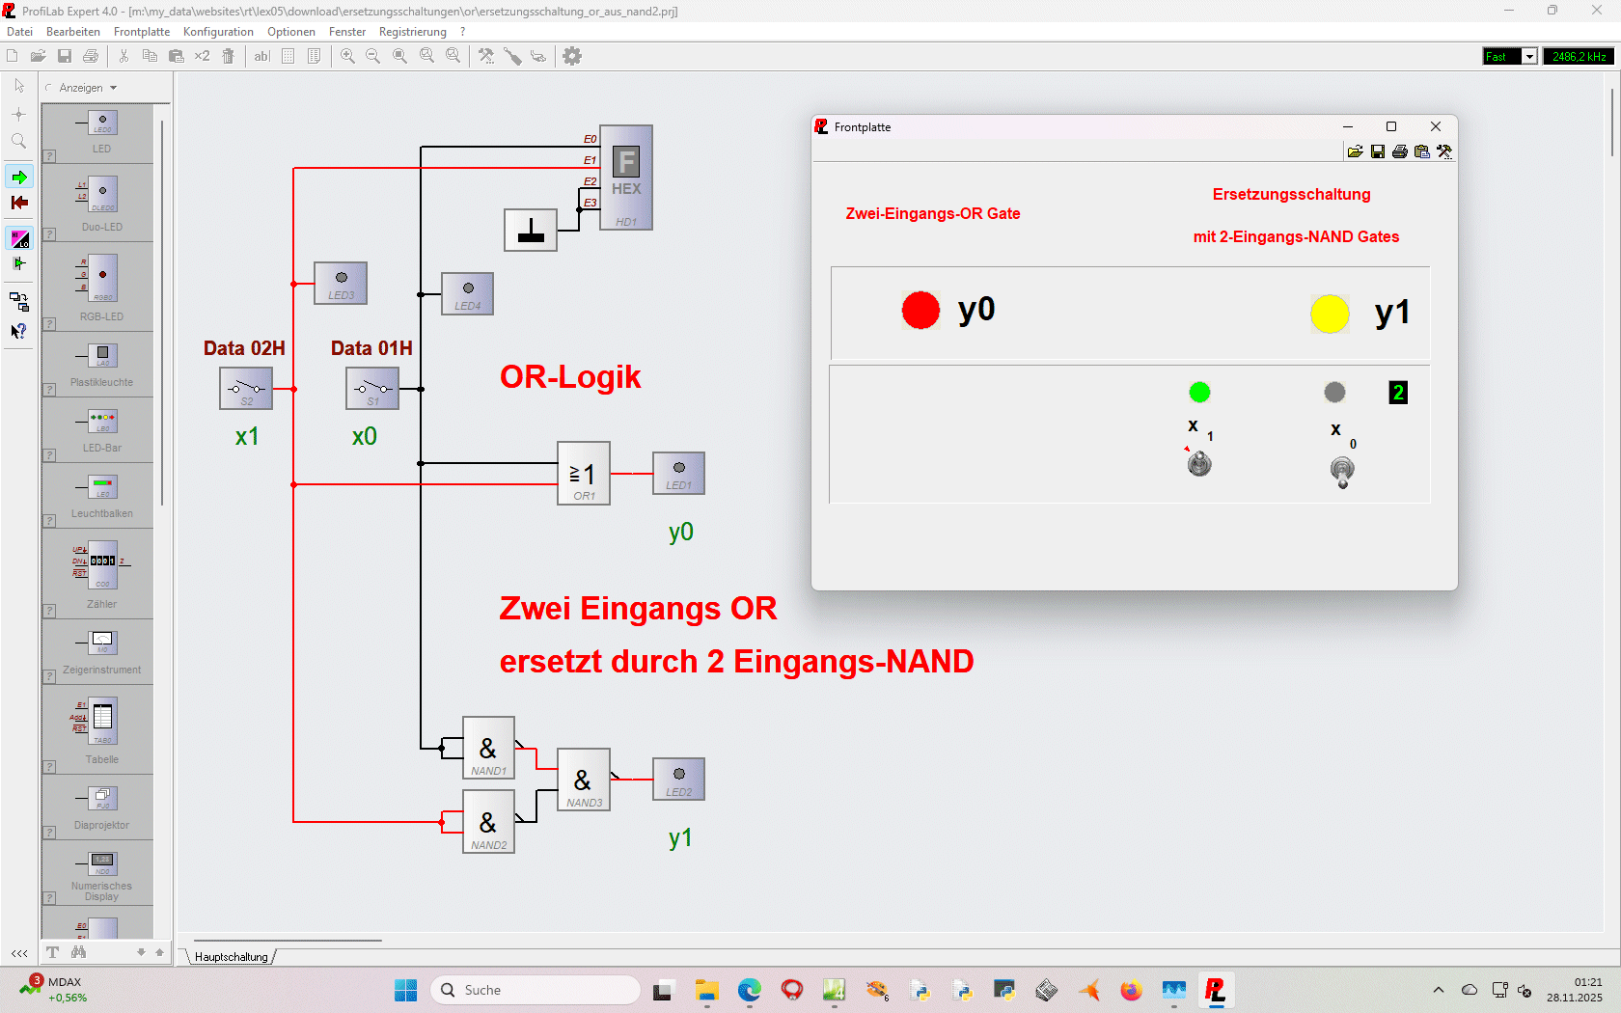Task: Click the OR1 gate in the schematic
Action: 584,473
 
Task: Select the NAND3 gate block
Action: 583,780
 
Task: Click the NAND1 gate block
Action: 488,748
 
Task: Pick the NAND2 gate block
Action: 488,822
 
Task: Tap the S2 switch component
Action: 246,389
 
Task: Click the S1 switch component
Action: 372,389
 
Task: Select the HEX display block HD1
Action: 626,178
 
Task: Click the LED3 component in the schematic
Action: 341,283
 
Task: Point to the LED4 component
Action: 468,293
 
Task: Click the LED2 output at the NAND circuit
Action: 679,780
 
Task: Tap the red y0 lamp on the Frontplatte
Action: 920,311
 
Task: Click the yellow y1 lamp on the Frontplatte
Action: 1330,314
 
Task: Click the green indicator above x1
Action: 1199,392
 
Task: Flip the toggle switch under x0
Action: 1342,472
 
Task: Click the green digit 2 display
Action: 1398,393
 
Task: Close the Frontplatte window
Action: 1436,126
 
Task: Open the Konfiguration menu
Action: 218,32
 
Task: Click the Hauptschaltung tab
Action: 232,957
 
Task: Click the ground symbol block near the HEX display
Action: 531,231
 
